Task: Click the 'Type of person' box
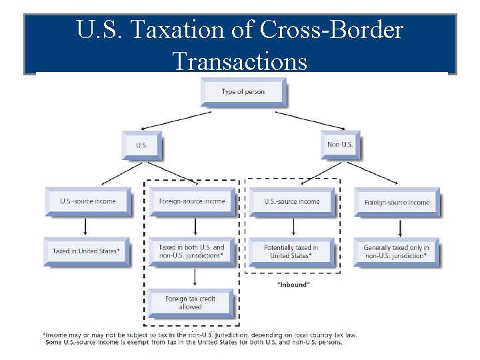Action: click(x=243, y=92)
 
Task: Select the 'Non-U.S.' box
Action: click(x=340, y=145)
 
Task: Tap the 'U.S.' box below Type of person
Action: click(x=141, y=145)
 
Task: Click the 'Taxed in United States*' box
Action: click(x=86, y=251)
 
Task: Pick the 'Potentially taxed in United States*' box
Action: click(x=291, y=251)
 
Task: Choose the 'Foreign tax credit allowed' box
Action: click(x=190, y=303)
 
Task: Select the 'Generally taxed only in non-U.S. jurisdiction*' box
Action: click(x=396, y=251)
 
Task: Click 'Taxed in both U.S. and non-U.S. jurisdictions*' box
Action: click(x=191, y=251)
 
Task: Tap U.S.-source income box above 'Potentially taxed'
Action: click(x=291, y=201)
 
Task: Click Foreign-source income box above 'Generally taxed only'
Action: click(x=397, y=202)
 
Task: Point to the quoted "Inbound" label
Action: click(x=293, y=285)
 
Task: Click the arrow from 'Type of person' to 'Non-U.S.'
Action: click(x=309, y=121)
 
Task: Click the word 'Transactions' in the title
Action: click(x=240, y=61)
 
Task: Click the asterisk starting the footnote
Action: click(x=44, y=335)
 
